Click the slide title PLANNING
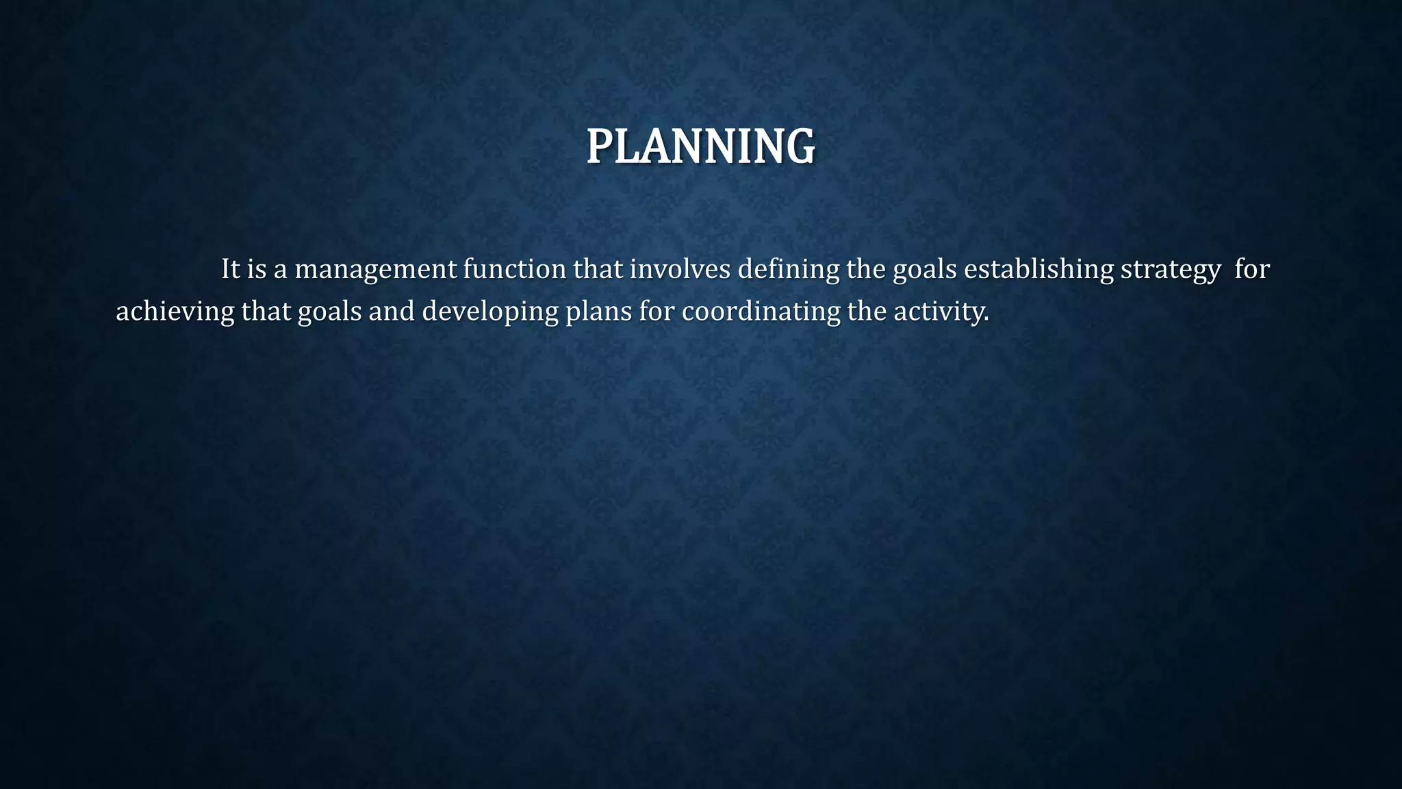[700, 147]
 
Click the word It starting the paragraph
[230, 269]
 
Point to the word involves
[680, 269]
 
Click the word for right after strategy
[1252, 269]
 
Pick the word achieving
[175, 312]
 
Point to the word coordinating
[761, 312]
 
